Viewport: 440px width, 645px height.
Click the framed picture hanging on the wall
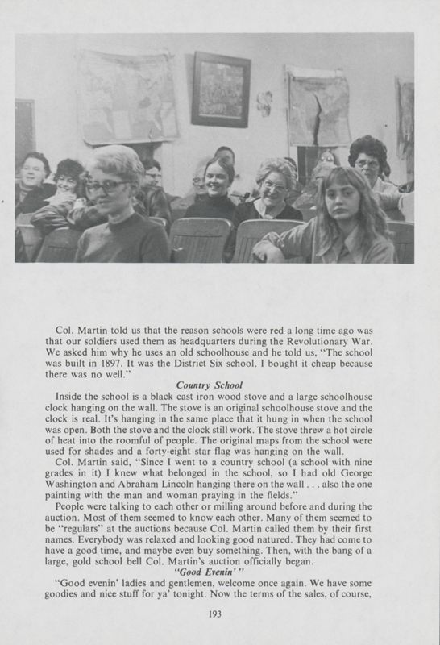coord(221,89)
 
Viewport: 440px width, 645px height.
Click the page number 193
coord(214,615)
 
